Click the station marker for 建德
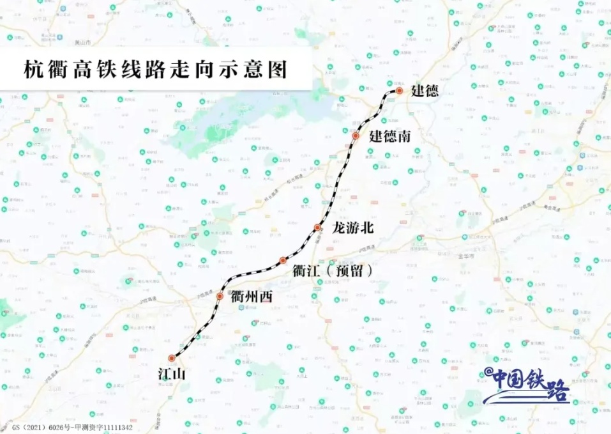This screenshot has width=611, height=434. [x=399, y=91]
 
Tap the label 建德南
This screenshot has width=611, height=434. [x=390, y=136]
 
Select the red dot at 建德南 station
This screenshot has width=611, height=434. [x=356, y=136]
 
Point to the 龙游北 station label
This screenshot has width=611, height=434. [x=352, y=228]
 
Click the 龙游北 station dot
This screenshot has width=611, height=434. [x=317, y=228]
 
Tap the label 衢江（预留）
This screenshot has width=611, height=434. [x=332, y=270]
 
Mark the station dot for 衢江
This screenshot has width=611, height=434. [x=283, y=260]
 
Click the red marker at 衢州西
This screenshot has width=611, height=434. [x=220, y=296]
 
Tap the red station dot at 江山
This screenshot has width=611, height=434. [x=171, y=358]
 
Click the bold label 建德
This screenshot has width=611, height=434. [x=425, y=91]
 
